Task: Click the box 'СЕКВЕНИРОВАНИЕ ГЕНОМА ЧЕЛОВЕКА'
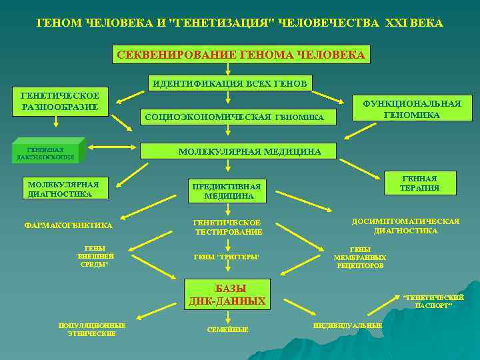click(x=240, y=55)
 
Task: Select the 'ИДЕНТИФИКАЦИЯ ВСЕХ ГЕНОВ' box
click(x=230, y=83)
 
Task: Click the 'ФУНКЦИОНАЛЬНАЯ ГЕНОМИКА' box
click(x=411, y=109)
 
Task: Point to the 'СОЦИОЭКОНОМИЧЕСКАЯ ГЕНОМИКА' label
click(x=234, y=118)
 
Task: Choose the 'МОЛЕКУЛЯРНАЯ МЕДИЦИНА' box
click(x=249, y=152)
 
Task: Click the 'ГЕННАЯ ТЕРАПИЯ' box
click(x=420, y=183)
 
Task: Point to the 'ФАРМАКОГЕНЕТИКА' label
click(x=69, y=225)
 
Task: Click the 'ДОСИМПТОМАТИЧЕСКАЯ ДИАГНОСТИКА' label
click(x=405, y=226)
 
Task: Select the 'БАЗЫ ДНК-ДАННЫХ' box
click(x=227, y=295)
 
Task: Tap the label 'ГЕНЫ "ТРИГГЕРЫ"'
click(x=227, y=257)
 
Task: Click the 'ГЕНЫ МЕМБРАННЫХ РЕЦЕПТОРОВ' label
click(x=360, y=257)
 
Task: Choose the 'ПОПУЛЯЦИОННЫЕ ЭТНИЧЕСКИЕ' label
click(x=91, y=329)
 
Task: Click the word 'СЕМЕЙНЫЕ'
click(x=227, y=329)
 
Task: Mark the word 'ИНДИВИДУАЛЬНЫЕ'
click(x=347, y=325)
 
